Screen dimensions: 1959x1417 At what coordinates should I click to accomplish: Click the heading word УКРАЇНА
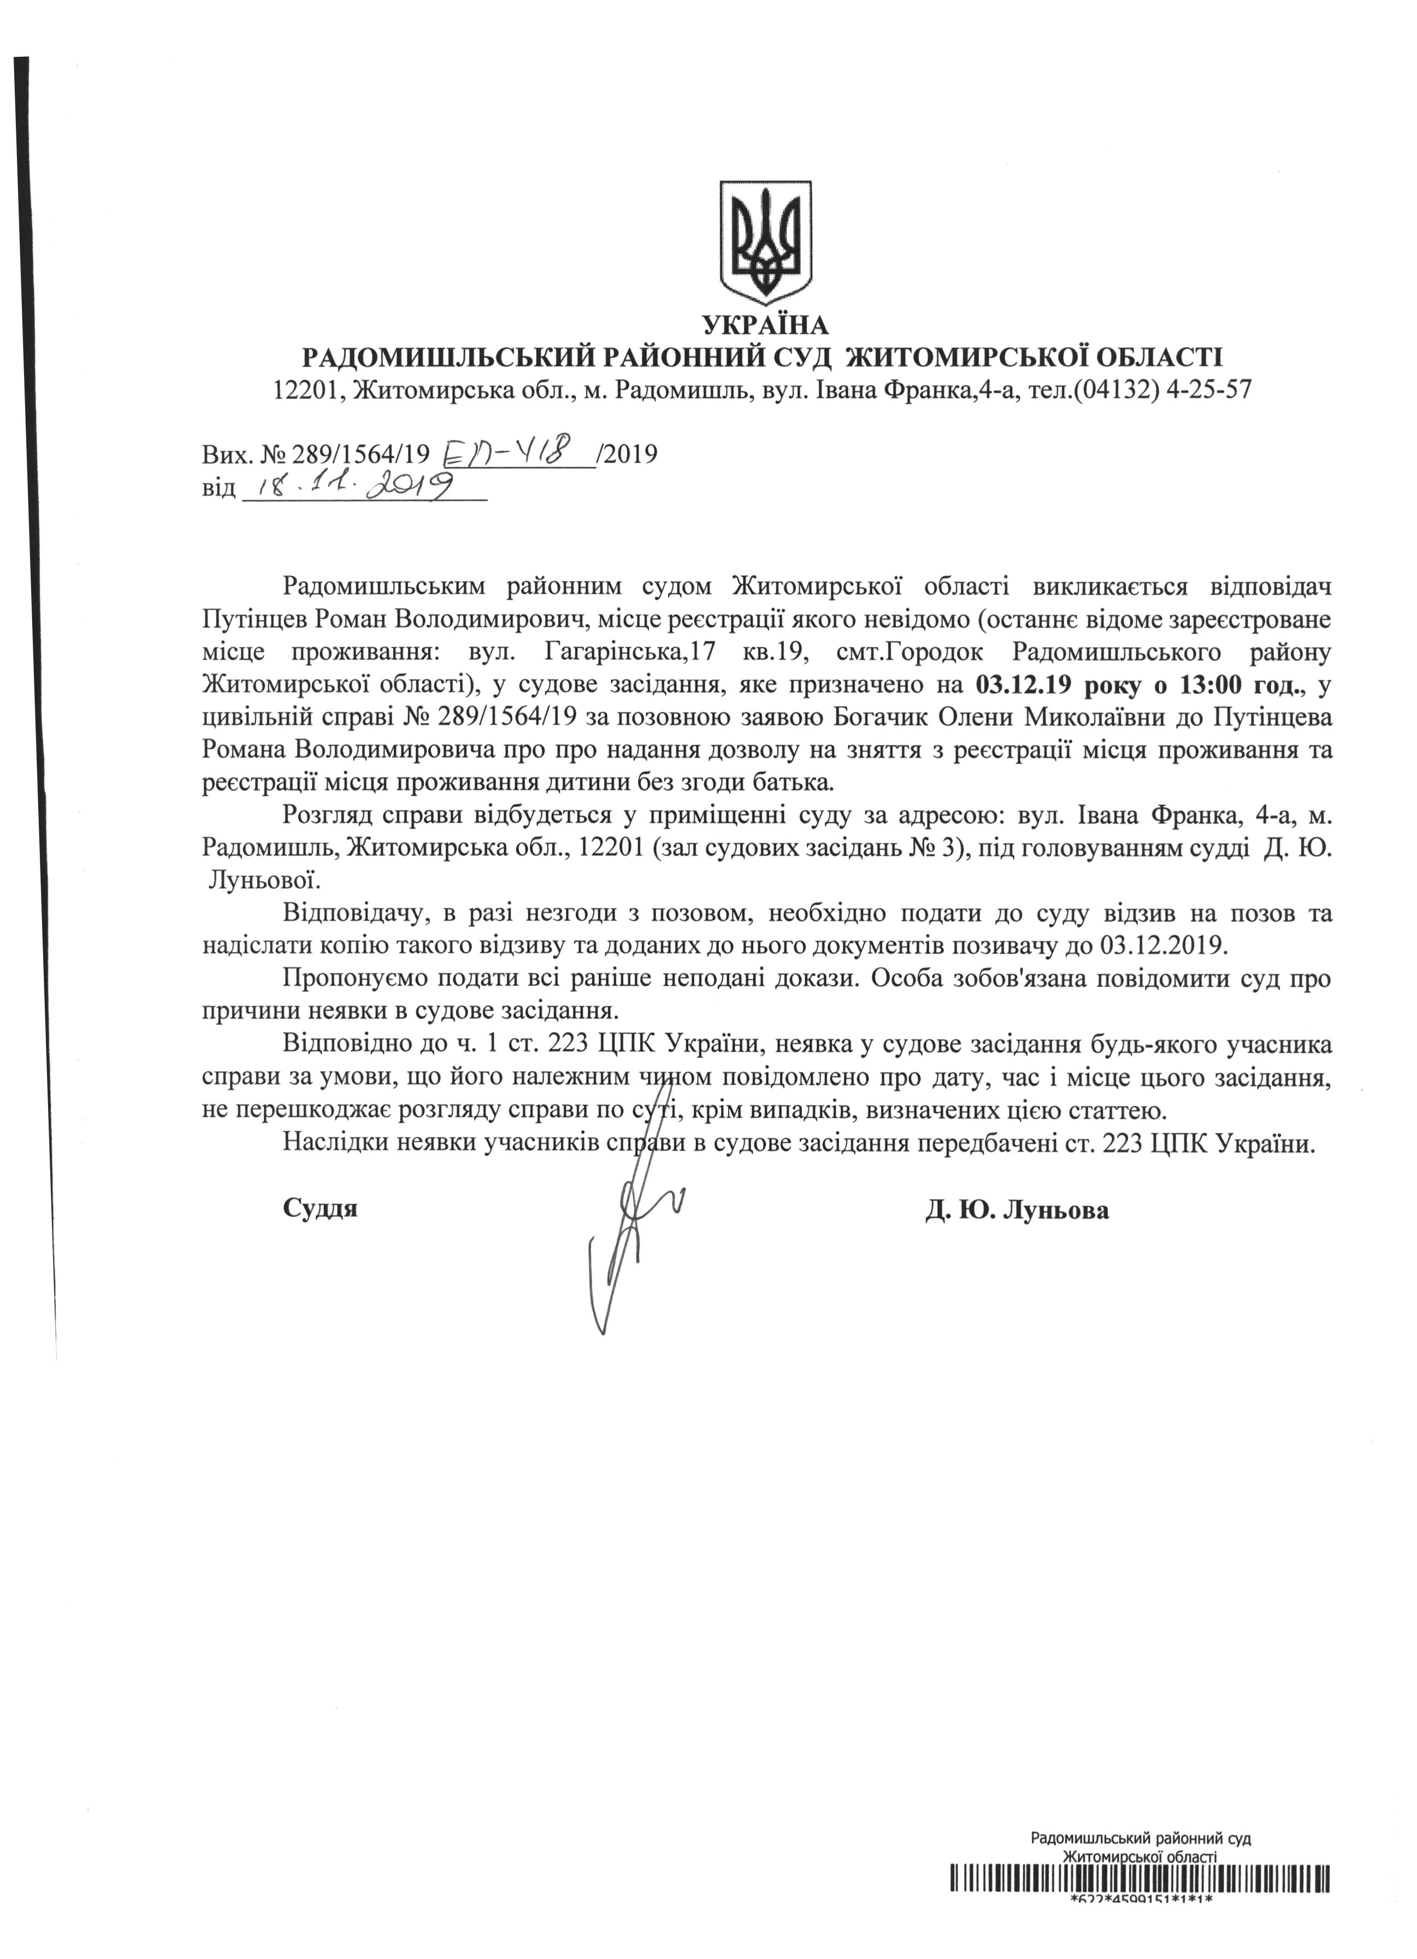[x=766, y=326]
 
